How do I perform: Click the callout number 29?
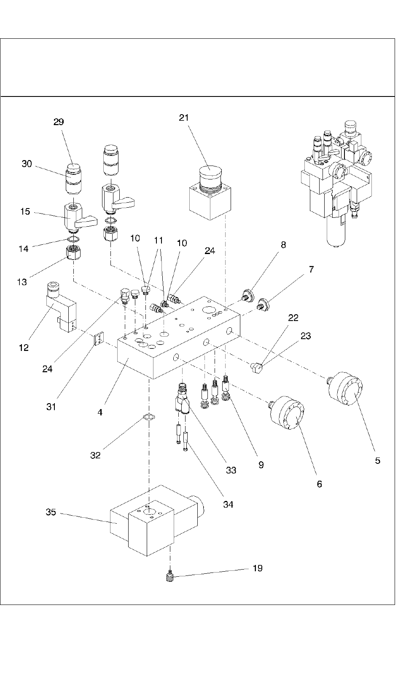pyautogui.click(x=59, y=122)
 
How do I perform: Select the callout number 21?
pyautogui.click(x=184, y=118)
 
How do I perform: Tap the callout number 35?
pyautogui.click(x=51, y=512)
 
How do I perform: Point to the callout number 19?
pyautogui.click(x=257, y=568)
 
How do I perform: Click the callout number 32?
pyautogui.click(x=96, y=455)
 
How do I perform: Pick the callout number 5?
pyautogui.click(x=377, y=460)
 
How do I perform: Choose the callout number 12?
pyautogui.click(x=24, y=348)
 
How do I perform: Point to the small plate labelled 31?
pyautogui.click(x=99, y=339)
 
